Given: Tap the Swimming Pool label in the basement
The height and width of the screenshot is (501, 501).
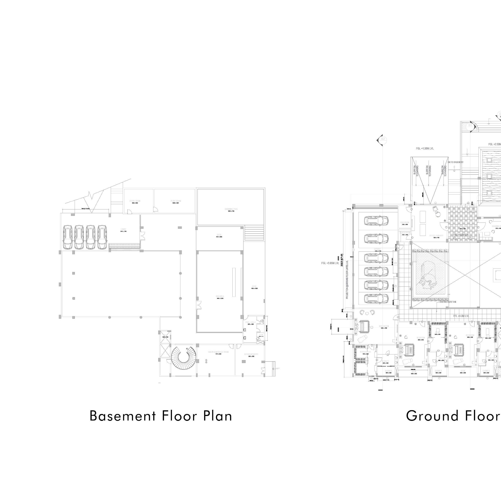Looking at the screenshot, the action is tap(231, 209).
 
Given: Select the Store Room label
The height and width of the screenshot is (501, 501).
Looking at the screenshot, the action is tap(135, 201).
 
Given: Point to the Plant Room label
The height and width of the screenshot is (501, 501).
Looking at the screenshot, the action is tap(176, 201).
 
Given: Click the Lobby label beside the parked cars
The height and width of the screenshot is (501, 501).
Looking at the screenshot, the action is tap(123, 229).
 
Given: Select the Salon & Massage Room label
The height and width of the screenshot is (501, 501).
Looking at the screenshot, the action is tap(218, 352).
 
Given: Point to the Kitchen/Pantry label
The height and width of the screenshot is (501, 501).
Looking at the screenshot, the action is tap(251, 354).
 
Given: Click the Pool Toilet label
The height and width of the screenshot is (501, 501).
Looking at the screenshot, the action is tap(251, 322).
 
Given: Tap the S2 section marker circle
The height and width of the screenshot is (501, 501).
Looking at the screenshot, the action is tap(383, 139).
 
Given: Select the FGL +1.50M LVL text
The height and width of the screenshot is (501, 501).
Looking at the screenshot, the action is tap(425, 149).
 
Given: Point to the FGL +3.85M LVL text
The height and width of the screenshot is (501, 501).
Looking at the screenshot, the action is tap(330, 263).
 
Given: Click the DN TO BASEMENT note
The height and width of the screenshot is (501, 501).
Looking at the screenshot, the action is tap(455, 162).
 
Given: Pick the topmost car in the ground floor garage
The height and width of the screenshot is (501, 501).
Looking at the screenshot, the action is tap(377, 221).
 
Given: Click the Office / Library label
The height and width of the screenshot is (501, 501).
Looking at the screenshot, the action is tap(436, 236).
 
